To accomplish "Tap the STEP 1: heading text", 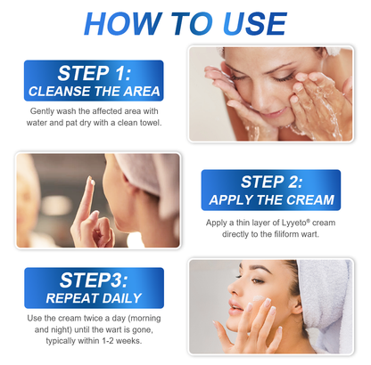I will [x=94, y=73].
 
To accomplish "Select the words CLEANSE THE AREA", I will [x=94, y=91].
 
